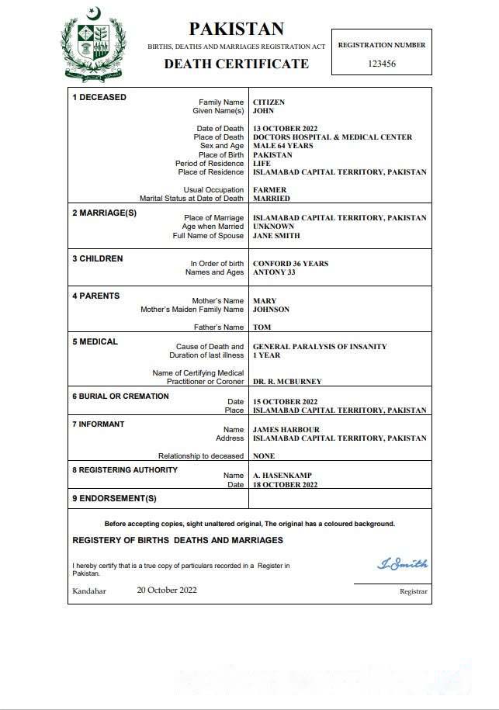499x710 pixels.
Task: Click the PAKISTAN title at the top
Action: pyautogui.click(x=237, y=29)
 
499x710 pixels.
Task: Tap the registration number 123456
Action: pyautogui.click(x=381, y=64)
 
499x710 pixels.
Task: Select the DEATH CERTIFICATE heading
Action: pyautogui.click(x=236, y=64)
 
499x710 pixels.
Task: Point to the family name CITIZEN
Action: pyautogui.click(x=269, y=102)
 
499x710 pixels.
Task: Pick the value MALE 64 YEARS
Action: pyautogui.click(x=282, y=146)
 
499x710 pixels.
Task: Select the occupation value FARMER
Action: pyautogui.click(x=269, y=190)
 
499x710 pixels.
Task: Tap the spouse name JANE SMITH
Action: pyautogui.click(x=276, y=236)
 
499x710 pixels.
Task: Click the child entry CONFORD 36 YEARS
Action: pyautogui.click(x=290, y=264)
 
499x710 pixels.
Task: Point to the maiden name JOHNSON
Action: pyautogui.click(x=271, y=310)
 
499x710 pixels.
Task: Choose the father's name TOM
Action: pyautogui.click(x=262, y=327)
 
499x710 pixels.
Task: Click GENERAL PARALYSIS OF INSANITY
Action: pyautogui.click(x=320, y=347)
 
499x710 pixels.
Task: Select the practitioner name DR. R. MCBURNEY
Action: pyautogui.click(x=287, y=382)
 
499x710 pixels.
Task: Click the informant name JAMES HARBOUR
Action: pyautogui.click(x=286, y=430)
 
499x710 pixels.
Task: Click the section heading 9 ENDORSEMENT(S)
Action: pyautogui.click(x=114, y=498)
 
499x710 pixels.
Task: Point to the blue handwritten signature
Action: pyautogui.click(x=402, y=564)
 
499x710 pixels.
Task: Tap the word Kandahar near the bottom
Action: pyautogui.click(x=89, y=591)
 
